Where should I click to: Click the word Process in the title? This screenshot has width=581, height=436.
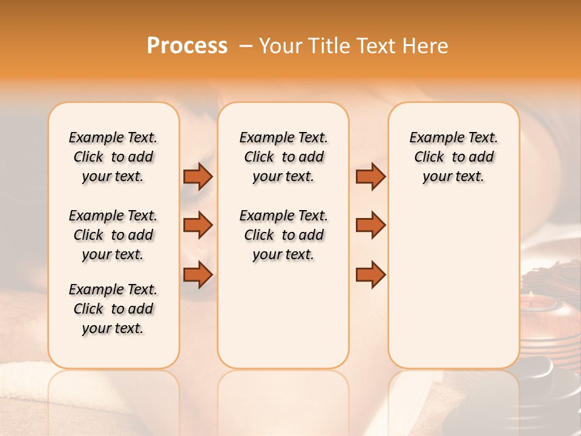tap(187, 46)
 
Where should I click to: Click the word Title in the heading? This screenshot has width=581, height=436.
tap(327, 46)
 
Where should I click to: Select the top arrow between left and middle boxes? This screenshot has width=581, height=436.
tap(198, 176)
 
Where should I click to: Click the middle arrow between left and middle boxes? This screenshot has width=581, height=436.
tap(198, 225)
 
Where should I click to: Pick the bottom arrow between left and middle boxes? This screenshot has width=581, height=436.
tap(198, 275)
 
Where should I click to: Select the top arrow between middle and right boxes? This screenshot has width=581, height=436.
tap(370, 176)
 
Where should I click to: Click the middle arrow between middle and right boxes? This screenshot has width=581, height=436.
tap(370, 225)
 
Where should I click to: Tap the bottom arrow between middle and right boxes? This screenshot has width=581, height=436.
tap(370, 275)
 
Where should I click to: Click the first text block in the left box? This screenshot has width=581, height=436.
tap(113, 157)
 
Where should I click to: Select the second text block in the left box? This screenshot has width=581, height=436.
tap(113, 235)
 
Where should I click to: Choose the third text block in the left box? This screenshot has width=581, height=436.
tap(113, 309)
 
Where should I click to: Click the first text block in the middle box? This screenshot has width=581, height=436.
tap(283, 157)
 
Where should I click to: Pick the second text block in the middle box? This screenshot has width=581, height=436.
tap(283, 235)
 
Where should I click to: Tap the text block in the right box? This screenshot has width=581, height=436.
tap(453, 157)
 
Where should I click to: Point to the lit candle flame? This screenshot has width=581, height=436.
tap(531, 295)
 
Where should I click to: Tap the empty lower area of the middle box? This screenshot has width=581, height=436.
tap(283, 315)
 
